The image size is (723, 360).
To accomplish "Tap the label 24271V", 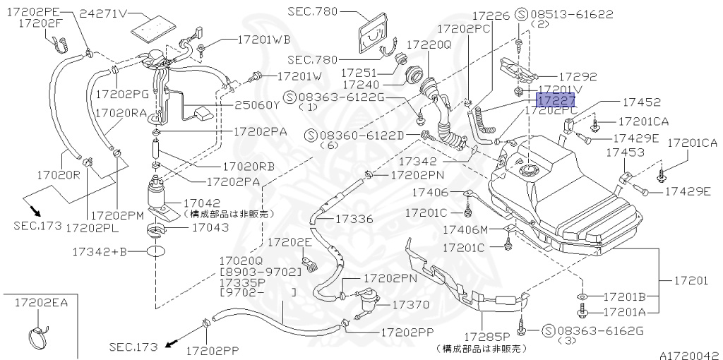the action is click(104, 13).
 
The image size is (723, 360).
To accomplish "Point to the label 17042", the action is click(208, 203).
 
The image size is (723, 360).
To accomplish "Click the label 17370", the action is click(410, 304).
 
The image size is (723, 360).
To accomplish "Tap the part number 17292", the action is click(578, 77).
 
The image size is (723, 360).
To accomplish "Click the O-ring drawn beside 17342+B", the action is click(157, 251).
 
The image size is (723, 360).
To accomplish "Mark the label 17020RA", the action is click(120, 112).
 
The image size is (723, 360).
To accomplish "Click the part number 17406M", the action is click(465, 229).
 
